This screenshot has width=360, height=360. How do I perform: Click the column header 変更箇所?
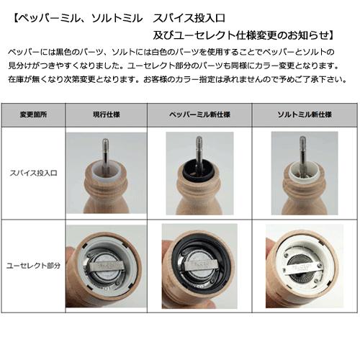[x=32, y=115]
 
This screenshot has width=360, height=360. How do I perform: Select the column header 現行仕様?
[x=106, y=115]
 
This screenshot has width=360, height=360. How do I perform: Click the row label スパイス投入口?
[x=32, y=174]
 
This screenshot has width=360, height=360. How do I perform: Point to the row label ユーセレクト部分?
[x=32, y=265]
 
